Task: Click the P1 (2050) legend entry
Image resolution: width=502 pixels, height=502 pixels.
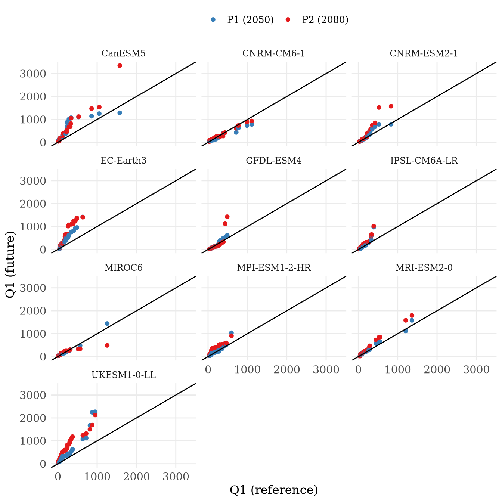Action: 243,20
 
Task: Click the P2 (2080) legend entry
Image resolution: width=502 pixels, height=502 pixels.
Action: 317,20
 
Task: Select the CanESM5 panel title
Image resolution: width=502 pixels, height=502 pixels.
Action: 124,53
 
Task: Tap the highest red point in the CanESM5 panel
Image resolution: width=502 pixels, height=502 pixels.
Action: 120,66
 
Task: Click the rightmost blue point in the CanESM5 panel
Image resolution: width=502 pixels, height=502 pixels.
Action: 120,113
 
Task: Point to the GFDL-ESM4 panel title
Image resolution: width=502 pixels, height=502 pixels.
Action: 274,161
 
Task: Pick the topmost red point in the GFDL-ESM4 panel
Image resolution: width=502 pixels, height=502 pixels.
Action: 227,217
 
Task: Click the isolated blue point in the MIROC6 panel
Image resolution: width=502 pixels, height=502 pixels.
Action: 107,323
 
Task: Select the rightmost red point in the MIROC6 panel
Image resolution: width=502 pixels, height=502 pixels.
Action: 107,345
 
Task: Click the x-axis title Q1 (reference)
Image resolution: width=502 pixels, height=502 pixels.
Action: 274,490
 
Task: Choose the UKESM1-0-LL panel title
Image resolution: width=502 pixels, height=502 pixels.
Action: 124,375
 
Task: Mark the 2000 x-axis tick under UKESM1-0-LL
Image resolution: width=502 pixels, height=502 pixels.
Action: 136,477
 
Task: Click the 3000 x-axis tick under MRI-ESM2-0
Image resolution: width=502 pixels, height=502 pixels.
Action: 476,369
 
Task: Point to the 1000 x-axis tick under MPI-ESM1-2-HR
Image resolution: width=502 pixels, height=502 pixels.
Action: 248,369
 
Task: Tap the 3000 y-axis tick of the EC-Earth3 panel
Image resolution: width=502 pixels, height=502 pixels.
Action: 33,181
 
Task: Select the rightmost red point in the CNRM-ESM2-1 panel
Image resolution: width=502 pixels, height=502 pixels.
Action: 391,106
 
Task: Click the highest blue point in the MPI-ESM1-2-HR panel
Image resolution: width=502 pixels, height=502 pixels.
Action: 231,332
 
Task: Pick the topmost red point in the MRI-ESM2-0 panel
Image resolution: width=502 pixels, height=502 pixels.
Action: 412,316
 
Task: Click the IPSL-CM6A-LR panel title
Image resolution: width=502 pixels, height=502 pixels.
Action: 424,161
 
